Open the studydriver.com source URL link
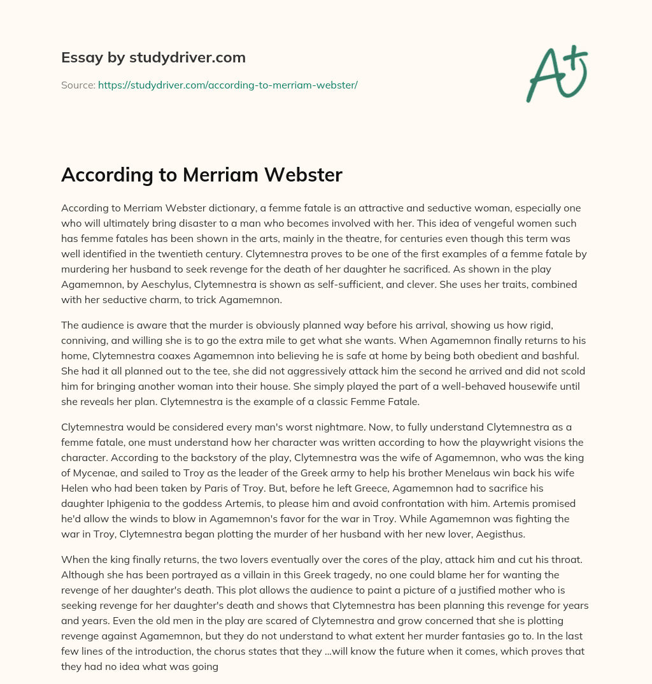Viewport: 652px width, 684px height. (227, 85)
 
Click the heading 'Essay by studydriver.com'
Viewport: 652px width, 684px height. (153, 57)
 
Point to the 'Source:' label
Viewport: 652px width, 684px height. (78, 85)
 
